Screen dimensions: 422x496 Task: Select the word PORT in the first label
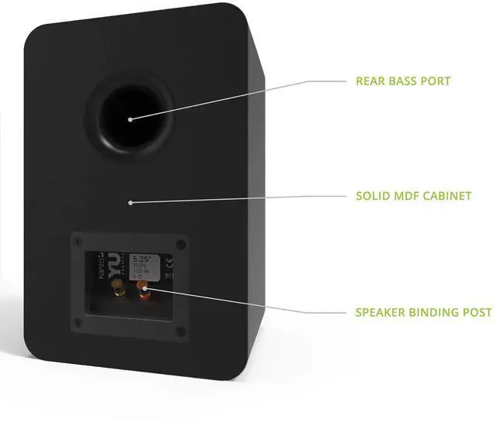coord(436,81)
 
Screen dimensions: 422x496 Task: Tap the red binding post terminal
coord(143,290)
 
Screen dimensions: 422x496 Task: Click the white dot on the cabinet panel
coord(131,203)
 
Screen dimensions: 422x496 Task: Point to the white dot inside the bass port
coord(129,118)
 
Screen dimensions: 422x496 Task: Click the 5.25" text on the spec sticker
coord(141,259)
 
